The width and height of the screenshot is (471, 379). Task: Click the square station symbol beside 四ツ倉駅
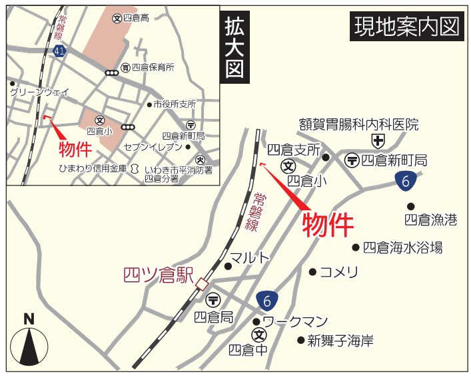[202, 285]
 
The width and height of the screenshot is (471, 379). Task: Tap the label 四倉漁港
[431, 219]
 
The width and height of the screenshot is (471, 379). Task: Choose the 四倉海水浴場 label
[402, 247]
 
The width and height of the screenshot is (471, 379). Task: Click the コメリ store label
[339, 271]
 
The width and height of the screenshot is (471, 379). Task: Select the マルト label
[250, 257]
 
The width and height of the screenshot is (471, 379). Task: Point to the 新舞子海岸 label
[340, 340]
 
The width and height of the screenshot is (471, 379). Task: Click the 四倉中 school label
[248, 349]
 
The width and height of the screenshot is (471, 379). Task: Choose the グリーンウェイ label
[39, 92]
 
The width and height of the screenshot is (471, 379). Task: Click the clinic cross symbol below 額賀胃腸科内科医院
[378, 140]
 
